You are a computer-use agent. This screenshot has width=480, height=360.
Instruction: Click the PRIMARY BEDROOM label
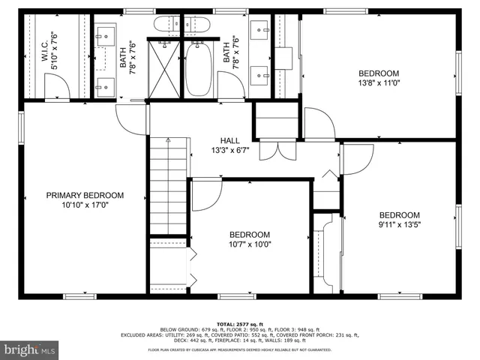85,195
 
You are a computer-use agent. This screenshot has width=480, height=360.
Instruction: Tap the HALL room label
229,140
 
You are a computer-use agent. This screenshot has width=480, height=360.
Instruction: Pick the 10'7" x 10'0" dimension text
249,244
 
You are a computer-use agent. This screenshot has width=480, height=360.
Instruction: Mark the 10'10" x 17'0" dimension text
85,205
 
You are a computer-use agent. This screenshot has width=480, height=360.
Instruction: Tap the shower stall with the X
163,68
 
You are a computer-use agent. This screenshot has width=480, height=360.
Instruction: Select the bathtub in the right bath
199,68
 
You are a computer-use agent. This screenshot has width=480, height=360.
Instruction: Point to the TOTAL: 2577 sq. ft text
240,323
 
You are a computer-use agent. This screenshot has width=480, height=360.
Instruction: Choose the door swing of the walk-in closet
57,89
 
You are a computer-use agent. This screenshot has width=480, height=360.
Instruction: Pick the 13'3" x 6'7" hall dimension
229,150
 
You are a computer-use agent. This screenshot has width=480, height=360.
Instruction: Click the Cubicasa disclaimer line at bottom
240,349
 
